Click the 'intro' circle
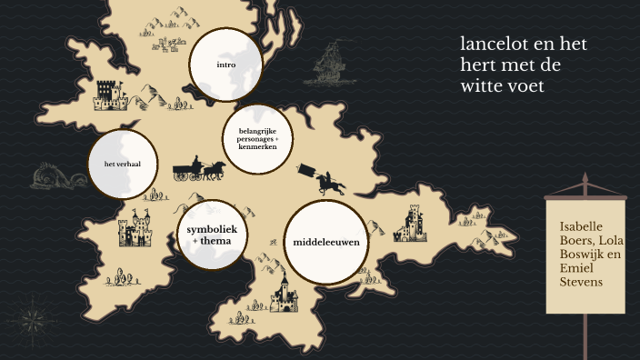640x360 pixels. (x=225, y=65)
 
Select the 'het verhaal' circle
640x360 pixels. (x=121, y=165)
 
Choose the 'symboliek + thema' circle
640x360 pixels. (x=212, y=235)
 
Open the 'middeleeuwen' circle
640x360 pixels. (x=325, y=243)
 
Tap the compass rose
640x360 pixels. (x=35, y=319)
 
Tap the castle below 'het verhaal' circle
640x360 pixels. (x=135, y=229)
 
